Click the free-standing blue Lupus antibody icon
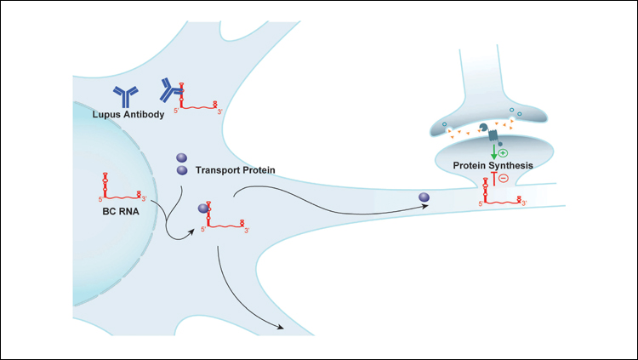126,95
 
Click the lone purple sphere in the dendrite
424,199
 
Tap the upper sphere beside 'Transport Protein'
182,157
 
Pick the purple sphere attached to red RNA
204,208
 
